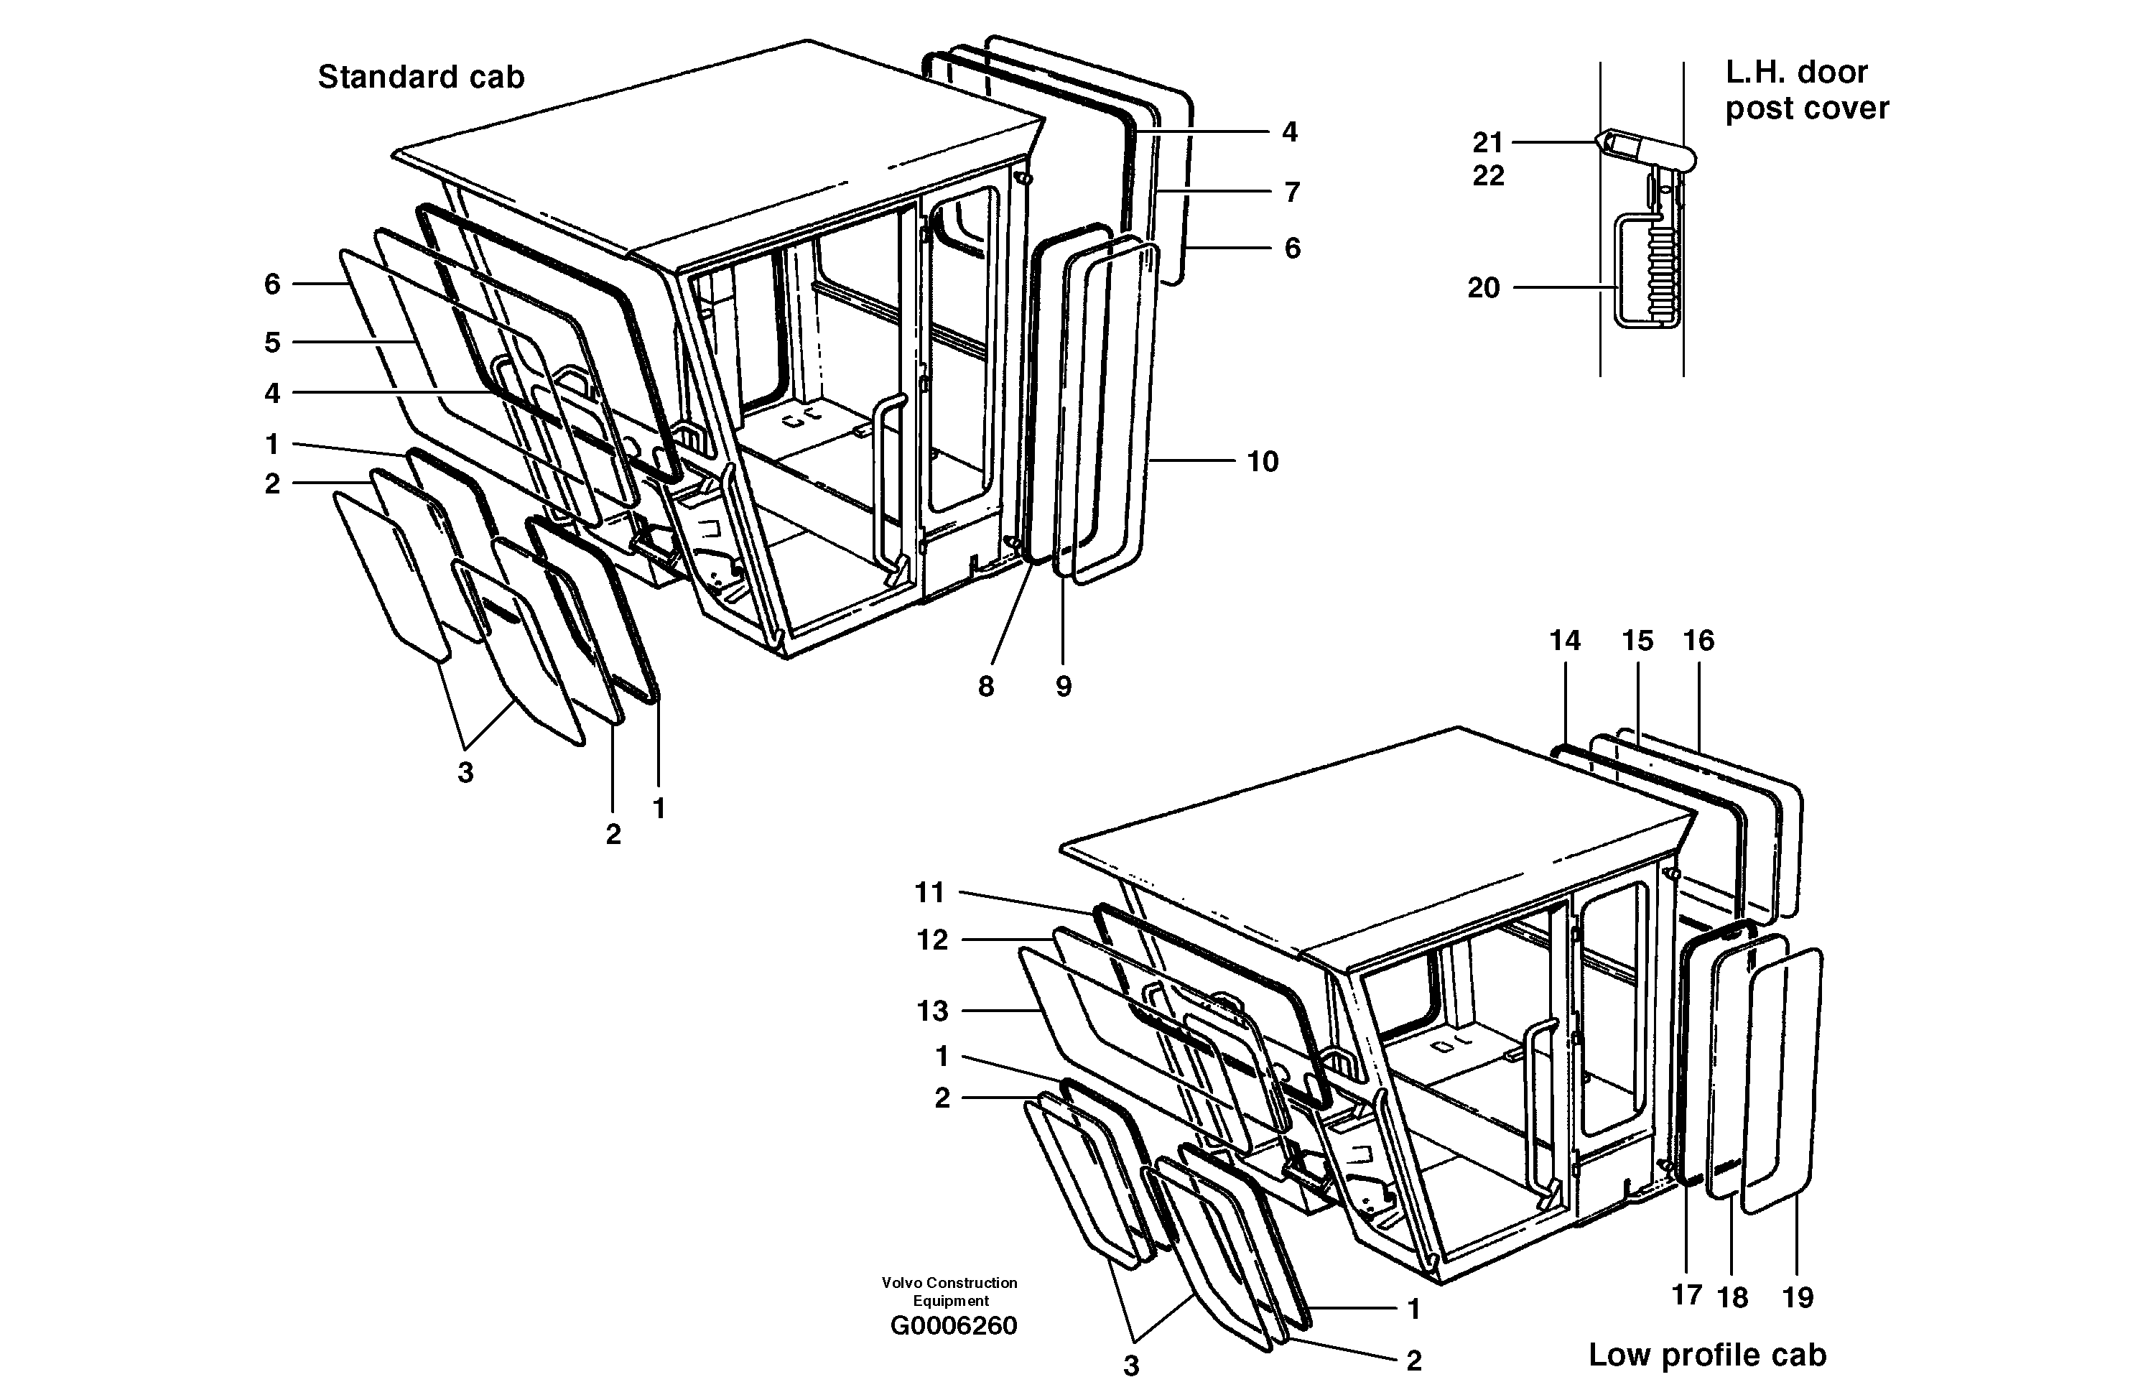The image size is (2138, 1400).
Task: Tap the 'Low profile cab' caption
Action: pyautogui.click(x=1707, y=1354)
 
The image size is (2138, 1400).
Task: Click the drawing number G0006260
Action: pyautogui.click(x=953, y=1325)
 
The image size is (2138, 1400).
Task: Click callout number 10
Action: pyautogui.click(x=1262, y=462)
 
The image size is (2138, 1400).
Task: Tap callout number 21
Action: pyautogui.click(x=1487, y=142)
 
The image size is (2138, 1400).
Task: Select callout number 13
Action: pyautogui.click(x=931, y=1011)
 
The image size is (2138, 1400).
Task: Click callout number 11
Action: pyautogui.click(x=930, y=892)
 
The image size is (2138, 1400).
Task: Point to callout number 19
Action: pyautogui.click(x=1798, y=1297)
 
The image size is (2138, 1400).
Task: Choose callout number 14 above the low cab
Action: pyautogui.click(x=1564, y=641)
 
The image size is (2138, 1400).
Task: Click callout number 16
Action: pyautogui.click(x=1698, y=641)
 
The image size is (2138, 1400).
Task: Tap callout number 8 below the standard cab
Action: pyautogui.click(x=985, y=687)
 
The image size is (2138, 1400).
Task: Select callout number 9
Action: pyautogui.click(x=1063, y=687)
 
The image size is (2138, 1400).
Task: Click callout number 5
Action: pyautogui.click(x=272, y=343)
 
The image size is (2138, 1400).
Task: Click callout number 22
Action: pyautogui.click(x=1487, y=175)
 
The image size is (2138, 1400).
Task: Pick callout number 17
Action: pyautogui.click(x=1687, y=1295)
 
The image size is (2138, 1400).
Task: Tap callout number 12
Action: pyautogui.click(x=931, y=940)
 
